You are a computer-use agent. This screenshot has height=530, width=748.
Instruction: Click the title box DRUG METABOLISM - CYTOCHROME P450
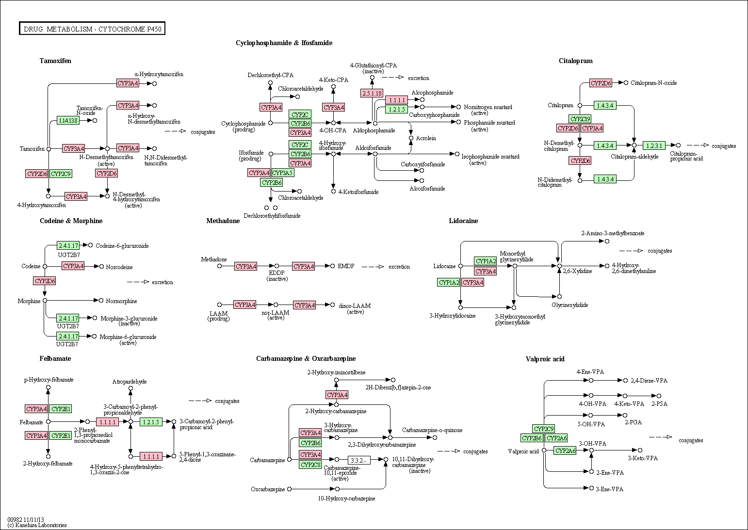click(92, 29)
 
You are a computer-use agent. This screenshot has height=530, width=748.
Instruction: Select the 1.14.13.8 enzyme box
click(68, 120)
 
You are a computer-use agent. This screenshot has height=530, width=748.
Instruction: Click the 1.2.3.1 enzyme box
click(654, 145)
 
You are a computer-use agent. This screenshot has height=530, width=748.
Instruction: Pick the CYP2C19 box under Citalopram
click(580, 119)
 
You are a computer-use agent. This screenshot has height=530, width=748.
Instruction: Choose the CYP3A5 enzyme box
click(282, 173)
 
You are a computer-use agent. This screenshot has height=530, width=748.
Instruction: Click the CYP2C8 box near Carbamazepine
click(310, 465)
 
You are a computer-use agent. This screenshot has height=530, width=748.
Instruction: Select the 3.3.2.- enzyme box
click(359, 460)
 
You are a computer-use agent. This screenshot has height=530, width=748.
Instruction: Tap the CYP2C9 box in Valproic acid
click(544, 429)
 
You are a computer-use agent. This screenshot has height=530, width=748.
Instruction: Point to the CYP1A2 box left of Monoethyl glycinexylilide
click(486, 261)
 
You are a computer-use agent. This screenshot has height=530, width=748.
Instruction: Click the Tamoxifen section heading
click(55, 61)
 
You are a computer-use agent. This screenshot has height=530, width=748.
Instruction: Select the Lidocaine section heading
click(463, 221)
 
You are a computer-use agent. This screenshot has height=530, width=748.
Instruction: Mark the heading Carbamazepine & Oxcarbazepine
click(306, 358)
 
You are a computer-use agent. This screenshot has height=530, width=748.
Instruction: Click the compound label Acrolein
click(426, 138)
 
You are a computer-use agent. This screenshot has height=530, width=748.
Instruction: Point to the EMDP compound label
click(346, 266)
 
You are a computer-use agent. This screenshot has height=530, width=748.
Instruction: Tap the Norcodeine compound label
click(119, 267)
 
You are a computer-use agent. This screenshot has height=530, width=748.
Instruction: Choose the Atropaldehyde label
click(130, 382)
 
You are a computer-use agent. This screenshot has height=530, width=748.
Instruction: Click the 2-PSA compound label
click(659, 403)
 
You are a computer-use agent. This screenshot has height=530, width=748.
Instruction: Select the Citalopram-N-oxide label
click(653, 83)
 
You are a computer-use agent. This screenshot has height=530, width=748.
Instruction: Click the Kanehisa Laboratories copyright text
click(37, 525)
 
